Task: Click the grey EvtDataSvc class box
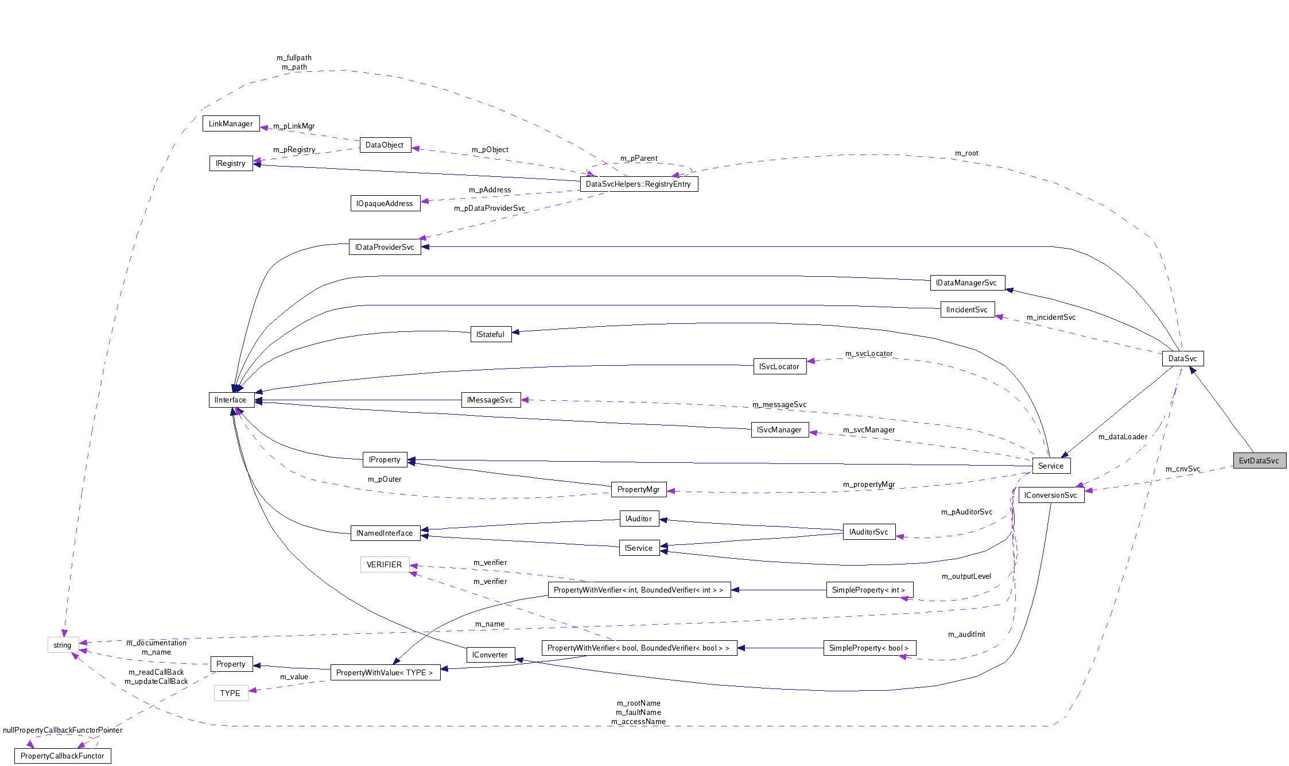(x=1259, y=461)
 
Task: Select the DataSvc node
(x=1182, y=358)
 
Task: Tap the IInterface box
(x=231, y=400)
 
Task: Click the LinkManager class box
(x=231, y=123)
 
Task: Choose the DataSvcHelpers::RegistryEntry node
(x=638, y=184)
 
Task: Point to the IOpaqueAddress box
(x=385, y=203)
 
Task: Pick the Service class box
(x=1051, y=466)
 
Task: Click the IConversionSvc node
(x=1050, y=495)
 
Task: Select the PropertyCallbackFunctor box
(x=62, y=756)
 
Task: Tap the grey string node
(x=62, y=645)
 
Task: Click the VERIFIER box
(x=384, y=564)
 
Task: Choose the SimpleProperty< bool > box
(x=869, y=648)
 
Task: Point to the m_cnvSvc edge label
(x=1183, y=469)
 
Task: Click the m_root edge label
(x=966, y=153)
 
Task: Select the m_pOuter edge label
(x=385, y=479)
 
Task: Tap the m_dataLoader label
(x=1123, y=436)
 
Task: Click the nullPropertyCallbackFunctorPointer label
(x=63, y=730)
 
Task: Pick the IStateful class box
(x=490, y=334)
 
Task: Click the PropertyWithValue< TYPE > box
(x=385, y=672)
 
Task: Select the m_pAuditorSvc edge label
(x=966, y=512)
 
